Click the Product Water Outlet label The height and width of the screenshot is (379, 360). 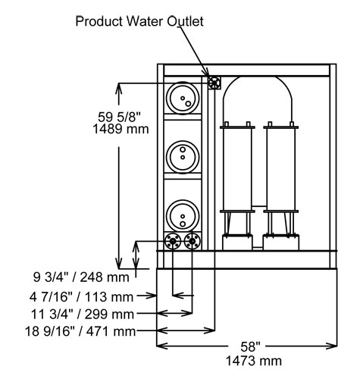tap(139, 21)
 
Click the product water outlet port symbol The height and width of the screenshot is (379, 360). tap(213, 82)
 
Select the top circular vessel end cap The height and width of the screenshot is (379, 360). tap(183, 98)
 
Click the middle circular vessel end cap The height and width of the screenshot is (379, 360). tap(183, 156)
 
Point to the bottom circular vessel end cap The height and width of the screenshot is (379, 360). tap(183, 215)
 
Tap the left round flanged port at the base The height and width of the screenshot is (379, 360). tap(172, 242)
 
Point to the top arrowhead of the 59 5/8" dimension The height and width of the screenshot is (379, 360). tap(118, 87)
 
